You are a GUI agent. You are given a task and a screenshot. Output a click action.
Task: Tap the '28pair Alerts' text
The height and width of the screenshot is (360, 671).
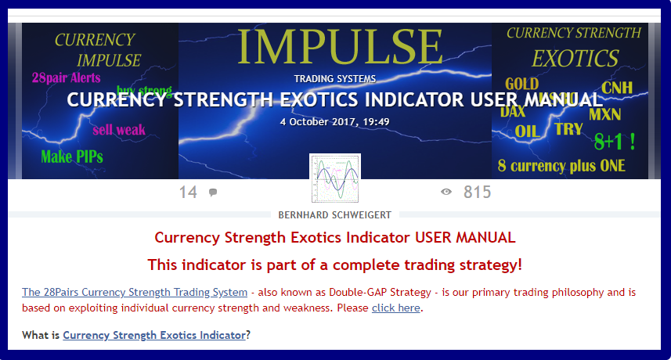[x=67, y=78]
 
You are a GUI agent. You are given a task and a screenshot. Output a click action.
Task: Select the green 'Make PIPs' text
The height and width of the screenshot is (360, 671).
[x=72, y=156]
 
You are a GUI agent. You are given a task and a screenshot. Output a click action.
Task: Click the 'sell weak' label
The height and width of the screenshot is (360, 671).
[x=119, y=129]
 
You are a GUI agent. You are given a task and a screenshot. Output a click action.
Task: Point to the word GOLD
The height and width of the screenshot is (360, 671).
[x=521, y=84]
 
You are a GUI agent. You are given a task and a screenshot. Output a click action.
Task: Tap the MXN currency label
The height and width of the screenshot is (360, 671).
[x=605, y=114]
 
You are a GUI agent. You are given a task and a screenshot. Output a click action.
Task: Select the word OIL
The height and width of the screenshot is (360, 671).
[x=527, y=131]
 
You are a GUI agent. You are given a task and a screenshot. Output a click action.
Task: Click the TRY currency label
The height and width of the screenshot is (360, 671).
[x=568, y=129]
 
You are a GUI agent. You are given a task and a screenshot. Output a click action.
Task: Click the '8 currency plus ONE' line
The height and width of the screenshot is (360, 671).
[x=561, y=165]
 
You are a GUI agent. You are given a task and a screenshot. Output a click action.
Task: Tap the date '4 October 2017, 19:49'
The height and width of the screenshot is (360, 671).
[x=334, y=121]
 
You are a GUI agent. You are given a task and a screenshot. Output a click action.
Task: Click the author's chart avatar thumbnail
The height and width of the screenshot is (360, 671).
[x=334, y=179]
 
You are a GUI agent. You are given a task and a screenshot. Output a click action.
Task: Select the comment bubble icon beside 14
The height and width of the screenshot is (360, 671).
[x=213, y=193]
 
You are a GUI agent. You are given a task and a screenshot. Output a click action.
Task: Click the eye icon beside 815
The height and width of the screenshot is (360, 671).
[x=446, y=192]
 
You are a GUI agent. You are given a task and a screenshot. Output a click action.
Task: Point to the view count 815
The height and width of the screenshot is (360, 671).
[x=477, y=192]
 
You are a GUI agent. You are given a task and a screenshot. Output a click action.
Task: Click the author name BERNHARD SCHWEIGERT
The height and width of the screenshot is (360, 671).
[x=334, y=215]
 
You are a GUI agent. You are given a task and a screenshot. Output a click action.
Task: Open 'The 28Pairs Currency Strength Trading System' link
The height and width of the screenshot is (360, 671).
[x=134, y=292]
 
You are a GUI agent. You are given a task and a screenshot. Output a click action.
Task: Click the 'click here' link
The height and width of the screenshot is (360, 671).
[x=395, y=308]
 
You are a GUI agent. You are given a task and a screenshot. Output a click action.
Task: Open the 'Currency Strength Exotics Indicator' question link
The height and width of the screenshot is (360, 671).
[x=154, y=335]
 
